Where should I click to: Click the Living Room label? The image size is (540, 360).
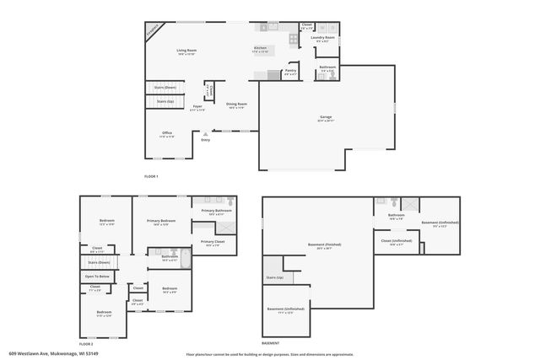tap(186, 51)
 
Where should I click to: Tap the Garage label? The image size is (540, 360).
tap(326, 117)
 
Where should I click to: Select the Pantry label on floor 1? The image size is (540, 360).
tap(290, 73)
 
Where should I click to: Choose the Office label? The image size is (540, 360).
tap(167, 133)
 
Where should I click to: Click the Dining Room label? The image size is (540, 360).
tap(236, 105)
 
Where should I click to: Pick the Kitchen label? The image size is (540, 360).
tap(260, 48)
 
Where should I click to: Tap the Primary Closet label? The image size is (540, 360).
tap(212, 242)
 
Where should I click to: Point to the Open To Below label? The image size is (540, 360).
tap(96, 277)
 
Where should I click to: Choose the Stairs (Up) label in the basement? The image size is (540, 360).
tap(274, 277)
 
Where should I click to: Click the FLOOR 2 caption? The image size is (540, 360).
tap(86, 344)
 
